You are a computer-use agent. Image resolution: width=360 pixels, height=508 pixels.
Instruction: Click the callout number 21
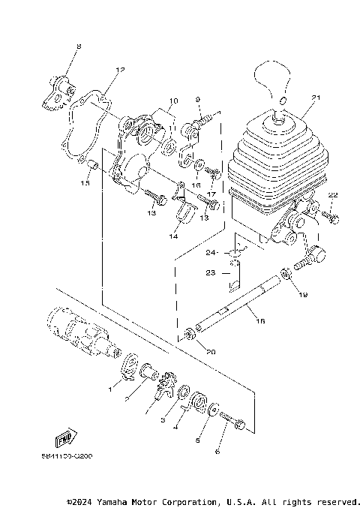[x=316, y=98]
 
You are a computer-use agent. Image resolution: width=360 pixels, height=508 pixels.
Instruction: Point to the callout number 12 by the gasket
[x=119, y=70]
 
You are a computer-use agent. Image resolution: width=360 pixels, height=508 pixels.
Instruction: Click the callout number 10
[x=173, y=101]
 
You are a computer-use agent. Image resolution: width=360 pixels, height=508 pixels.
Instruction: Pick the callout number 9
[x=198, y=100]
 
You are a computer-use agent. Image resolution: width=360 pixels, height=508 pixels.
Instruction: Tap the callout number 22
[x=333, y=196]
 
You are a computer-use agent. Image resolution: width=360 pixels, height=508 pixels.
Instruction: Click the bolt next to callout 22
[x=331, y=218]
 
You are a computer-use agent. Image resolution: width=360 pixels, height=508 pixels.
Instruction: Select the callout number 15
[x=85, y=182]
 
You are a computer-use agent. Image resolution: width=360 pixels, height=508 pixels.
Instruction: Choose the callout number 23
[x=211, y=273]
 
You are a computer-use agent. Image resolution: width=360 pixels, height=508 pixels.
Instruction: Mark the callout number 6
[x=218, y=452]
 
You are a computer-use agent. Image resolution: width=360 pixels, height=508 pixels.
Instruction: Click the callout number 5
[x=198, y=442]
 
